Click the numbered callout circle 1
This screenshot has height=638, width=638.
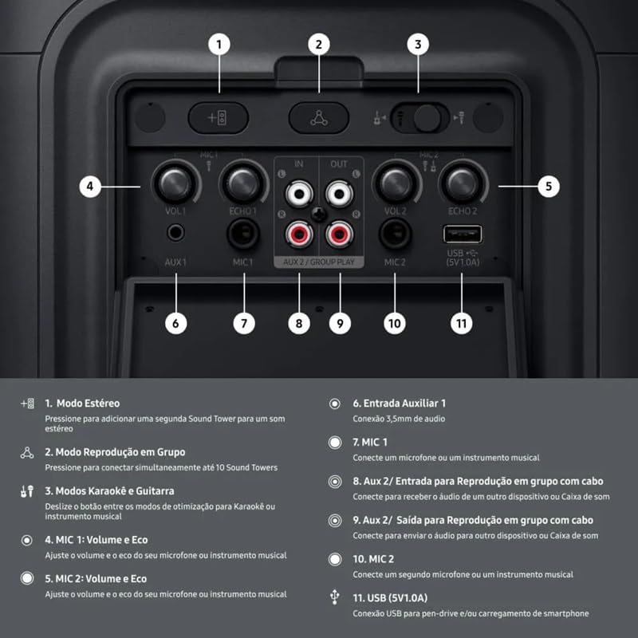[x=219, y=45]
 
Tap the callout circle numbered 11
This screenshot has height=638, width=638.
[x=462, y=324]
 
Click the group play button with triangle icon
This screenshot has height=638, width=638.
[x=318, y=118]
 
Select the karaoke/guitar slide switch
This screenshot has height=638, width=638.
[x=420, y=118]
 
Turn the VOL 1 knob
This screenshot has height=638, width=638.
[x=175, y=184]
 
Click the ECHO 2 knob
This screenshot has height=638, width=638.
[x=463, y=184]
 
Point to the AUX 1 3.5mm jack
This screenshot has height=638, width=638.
[x=175, y=233]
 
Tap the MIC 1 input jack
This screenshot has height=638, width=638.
[x=243, y=234]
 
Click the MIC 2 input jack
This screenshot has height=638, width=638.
[x=395, y=234]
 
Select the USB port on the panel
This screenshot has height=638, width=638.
[x=463, y=234]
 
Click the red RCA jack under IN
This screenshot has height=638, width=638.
[x=299, y=234]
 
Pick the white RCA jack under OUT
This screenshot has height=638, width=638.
[x=340, y=194]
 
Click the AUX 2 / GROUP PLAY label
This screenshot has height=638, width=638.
[x=319, y=262]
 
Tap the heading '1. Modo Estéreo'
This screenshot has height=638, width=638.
[x=82, y=404]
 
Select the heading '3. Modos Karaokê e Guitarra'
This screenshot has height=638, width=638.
[x=109, y=491]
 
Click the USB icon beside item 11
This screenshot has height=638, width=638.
[x=334, y=597]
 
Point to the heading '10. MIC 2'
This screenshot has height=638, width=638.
[x=373, y=559]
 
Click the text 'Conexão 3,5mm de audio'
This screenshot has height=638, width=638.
[x=399, y=419]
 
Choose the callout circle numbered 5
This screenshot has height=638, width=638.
[x=549, y=187]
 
